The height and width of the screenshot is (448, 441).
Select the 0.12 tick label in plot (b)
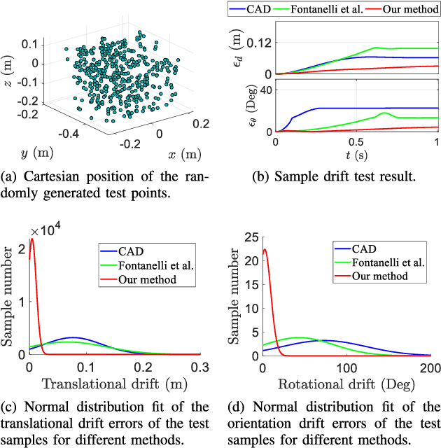coord(258,43)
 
